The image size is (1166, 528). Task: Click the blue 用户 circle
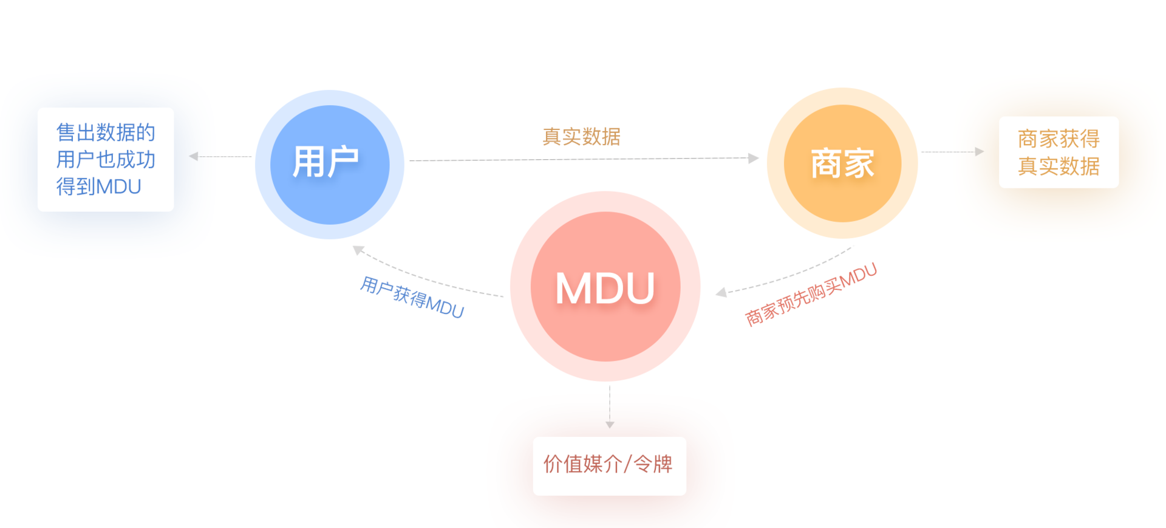(329, 165)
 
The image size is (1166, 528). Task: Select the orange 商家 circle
(842, 163)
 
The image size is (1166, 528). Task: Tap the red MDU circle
(605, 287)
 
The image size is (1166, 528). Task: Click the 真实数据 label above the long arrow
(581, 137)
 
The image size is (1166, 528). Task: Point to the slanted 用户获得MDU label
(412, 297)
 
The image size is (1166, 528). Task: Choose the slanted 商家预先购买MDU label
(811, 294)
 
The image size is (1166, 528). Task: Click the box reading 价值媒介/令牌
(609, 465)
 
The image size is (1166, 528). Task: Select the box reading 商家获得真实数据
(1059, 152)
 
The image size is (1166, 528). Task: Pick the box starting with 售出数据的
(106, 159)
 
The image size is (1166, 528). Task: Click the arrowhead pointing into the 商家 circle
(754, 159)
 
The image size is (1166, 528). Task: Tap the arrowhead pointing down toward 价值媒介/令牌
(610, 425)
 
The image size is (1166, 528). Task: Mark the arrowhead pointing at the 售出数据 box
(194, 156)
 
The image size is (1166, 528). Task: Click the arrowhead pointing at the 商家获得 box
(979, 152)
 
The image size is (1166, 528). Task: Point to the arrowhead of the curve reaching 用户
(358, 250)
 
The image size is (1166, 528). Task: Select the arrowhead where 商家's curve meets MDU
(721, 293)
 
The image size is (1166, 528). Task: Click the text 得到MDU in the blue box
(98, 187)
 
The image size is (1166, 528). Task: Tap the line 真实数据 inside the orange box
(1059, 166)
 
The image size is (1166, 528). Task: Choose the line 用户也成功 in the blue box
(106, 159)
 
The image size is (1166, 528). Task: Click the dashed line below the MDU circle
(610, 401)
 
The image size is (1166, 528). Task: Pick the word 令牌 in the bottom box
(653, 464)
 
